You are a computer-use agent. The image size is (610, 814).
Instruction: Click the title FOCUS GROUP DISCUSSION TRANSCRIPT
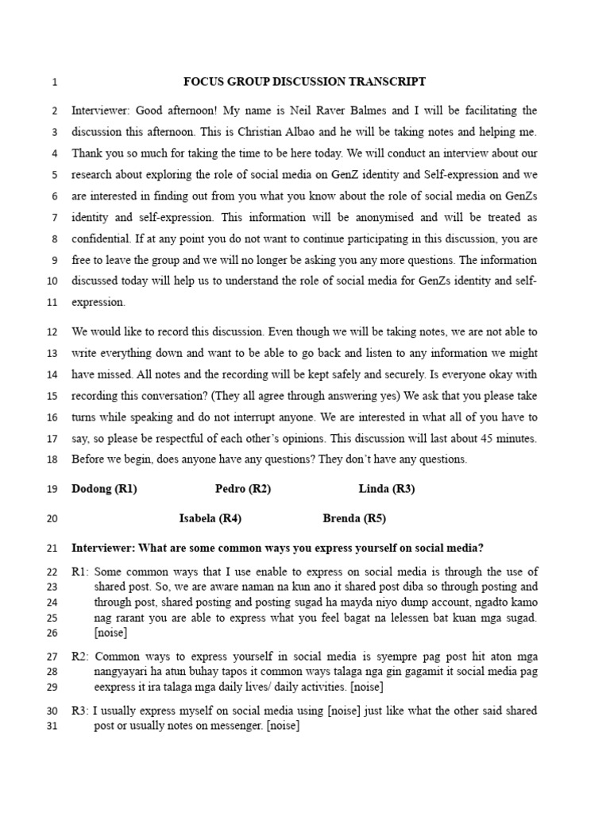pos(305,82)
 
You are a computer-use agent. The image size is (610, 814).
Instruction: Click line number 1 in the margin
pos(54,83)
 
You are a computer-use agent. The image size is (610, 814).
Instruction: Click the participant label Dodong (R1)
pos(104,490)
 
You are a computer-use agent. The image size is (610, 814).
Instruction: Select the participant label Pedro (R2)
pos(243,490)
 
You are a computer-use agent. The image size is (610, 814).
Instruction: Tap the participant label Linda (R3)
pos(387,490)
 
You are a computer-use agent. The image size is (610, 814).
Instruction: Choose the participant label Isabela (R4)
pos(210,519)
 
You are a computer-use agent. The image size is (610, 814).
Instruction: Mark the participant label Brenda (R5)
pos(354,519)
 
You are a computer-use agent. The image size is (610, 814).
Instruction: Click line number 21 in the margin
pos(52,548)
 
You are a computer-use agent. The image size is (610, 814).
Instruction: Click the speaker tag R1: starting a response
pos(80,572)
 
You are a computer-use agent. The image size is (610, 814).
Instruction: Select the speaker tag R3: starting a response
pos(80,711)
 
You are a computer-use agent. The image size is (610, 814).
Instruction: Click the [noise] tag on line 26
pos(110,634)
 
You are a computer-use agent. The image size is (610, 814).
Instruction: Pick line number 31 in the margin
pos(52,726)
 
